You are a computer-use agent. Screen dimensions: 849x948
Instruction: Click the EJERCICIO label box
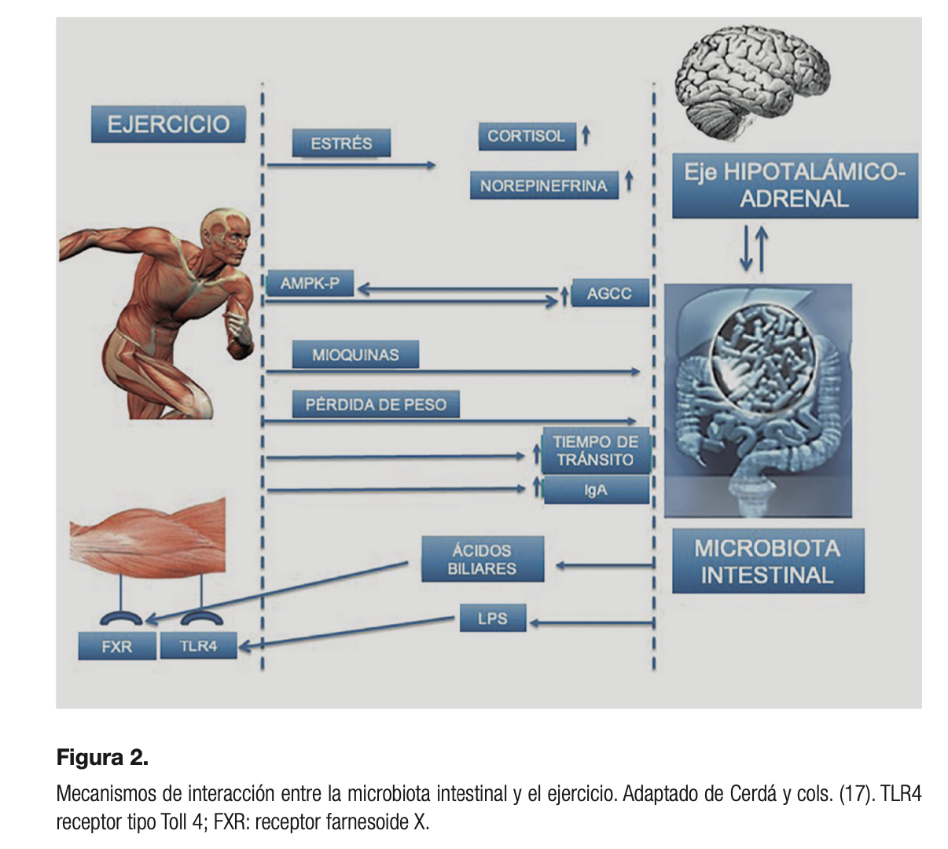[x=167, y=124]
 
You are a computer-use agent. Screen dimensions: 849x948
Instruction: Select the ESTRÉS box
[x=341, y=143]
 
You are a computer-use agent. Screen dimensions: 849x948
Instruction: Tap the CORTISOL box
[x=526, y=136]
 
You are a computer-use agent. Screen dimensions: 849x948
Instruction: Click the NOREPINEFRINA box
[x=543, y=186]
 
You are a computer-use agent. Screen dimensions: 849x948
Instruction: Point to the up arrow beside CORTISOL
[x=586, y=134]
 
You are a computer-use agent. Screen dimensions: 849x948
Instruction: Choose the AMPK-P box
[x=310, y=283]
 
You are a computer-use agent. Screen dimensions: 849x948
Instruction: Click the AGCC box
[x=609, y=293]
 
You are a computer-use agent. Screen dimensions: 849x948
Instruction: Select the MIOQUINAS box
[x=355, y=355]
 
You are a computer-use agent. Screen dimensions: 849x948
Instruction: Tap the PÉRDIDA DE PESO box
[x=375, y=405]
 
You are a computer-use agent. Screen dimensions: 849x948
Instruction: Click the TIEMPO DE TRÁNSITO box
[x=595, y=450]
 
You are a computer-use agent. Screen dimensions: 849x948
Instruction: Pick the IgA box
[x=595, y=491]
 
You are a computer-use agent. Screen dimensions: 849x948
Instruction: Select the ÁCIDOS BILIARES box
[x=482, y=559]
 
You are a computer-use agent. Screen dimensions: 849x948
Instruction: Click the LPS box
[x=492, y=619]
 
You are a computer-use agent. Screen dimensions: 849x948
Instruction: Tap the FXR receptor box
[x=116, y=646]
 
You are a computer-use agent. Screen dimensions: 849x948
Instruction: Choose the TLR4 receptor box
[x=197, y=646]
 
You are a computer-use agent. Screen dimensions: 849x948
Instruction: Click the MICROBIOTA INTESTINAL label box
[x=767, y=560]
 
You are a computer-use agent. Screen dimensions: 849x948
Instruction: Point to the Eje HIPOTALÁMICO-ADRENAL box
[x=794, y=185]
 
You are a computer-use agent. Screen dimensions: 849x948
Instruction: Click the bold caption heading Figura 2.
[x=102, y=758]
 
